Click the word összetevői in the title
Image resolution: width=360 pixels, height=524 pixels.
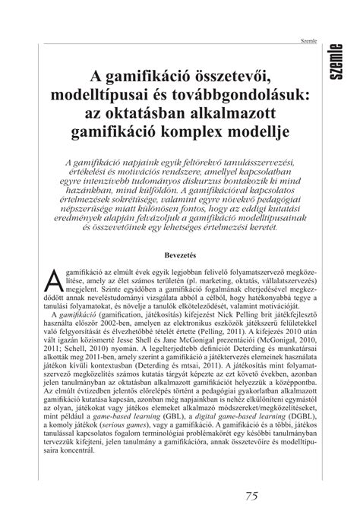coord(228,74)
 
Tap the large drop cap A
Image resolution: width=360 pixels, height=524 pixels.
coord(53,257)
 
